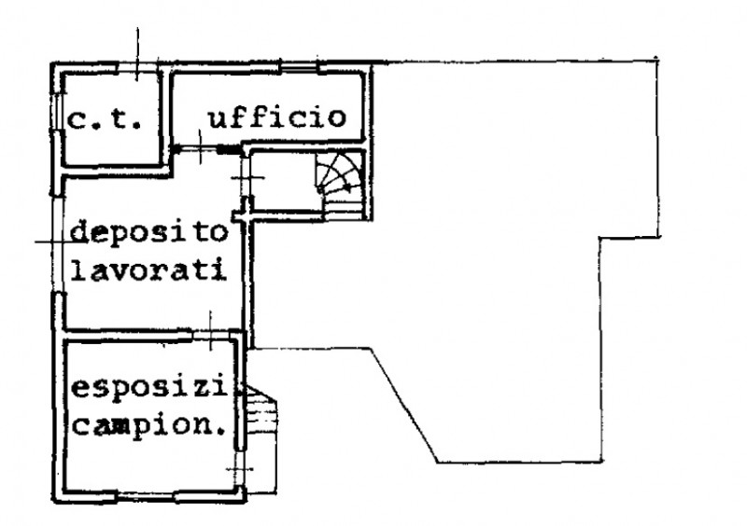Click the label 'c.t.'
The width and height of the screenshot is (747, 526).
click(x=105, y=120)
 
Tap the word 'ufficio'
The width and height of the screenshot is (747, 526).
click(x=277, y=118)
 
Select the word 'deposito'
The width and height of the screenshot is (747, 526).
click(x=148, y=232)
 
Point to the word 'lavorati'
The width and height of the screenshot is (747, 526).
click(x=148, y=273)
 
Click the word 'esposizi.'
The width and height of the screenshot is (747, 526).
click(x=157, y=387)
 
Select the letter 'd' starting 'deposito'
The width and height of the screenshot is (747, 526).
click(x=80, y=232)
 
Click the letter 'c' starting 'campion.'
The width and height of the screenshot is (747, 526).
click(x=81, y=428)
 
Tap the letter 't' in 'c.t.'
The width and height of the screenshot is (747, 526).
click(x=125, y=120)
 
